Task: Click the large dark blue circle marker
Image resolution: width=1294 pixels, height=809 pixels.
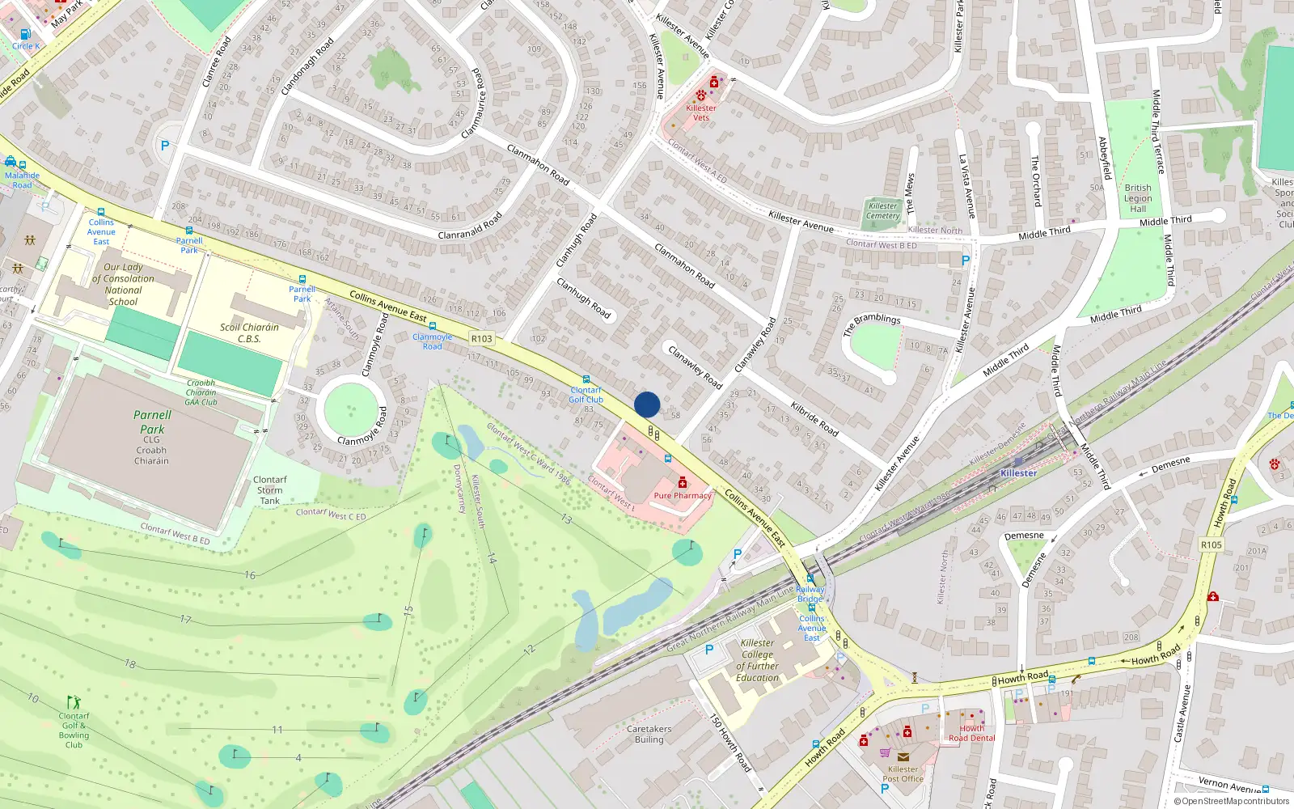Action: (647, 404)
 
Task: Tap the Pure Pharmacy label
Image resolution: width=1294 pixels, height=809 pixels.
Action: (682, 496)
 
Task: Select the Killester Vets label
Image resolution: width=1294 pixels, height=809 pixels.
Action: (700, 112)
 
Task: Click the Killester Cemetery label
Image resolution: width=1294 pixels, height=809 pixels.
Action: (882, 211)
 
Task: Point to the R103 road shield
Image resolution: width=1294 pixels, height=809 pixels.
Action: (481, 339)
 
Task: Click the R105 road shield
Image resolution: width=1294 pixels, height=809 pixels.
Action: (1211, 544)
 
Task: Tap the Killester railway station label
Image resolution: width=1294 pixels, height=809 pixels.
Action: (1018, 473)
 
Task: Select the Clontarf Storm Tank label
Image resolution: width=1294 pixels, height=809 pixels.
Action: (269, 490)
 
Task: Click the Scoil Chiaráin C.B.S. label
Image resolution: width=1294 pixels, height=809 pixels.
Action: (249, 333)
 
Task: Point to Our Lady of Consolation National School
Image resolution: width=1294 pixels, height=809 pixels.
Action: (123, 284)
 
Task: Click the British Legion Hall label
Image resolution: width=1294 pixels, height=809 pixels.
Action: (1138, 198)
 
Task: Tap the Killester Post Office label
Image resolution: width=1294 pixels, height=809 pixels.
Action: (903, 774)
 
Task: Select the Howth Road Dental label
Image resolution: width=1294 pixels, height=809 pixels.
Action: (971, 733)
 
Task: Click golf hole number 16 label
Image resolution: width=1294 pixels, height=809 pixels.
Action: (250, 575)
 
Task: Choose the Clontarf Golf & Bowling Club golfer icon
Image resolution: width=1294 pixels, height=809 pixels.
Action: (74, 701)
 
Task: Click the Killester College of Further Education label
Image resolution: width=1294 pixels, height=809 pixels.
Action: (757, 660)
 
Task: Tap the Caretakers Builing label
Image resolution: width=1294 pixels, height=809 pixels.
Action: (649, 734)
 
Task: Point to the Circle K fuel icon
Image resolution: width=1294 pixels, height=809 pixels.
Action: (25, 34)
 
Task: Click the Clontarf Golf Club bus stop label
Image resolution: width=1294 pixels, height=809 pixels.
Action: (586, 395)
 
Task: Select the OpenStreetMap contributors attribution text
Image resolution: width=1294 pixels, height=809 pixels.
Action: (1232, 801)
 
